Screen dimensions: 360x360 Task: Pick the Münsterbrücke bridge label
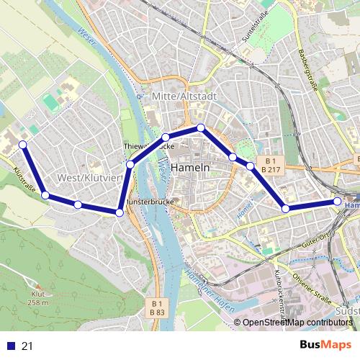pos(150,203)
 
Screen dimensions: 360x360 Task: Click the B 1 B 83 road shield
pos(156,307)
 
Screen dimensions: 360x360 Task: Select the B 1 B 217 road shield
pos(270,164)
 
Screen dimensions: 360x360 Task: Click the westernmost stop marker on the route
pos(22,145)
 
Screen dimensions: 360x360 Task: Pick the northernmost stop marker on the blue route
pos(201,127)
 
